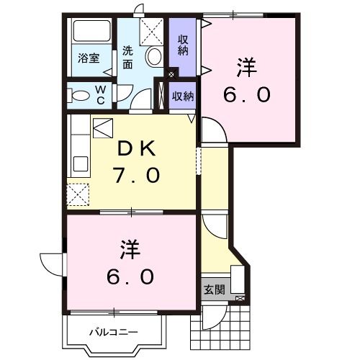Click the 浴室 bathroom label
(x=89, y=58)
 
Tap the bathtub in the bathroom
(x=91, y=33)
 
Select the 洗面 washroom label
(x=127, y=58)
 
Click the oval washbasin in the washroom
(x=153, y=57)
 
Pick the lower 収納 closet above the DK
(x=183, y=95)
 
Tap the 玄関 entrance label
(x=214, y=289)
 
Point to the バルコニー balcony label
(x=113, y=332)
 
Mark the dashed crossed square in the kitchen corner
(x=78, y=194)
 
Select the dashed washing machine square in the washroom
(x=151, y=31)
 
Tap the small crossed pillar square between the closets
(x=171, y=73)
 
